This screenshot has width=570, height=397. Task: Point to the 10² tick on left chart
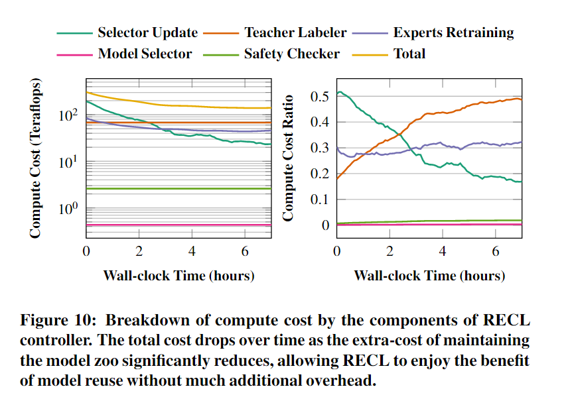tap(68, 116)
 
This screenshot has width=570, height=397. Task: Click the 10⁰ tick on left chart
tap(68, 209)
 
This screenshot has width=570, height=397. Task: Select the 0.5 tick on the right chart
tap(320, 97)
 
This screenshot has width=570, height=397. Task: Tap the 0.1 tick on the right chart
tap(320, 199)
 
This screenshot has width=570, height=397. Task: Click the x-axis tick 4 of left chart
tap(192, 252)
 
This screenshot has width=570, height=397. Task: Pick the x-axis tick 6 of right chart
tap(496, 252)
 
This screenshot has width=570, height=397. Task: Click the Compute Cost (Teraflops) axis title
tap(36, 159)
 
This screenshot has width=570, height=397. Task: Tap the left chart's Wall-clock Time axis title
tap(178, 275)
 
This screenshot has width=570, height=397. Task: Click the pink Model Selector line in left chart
tap(166, 225)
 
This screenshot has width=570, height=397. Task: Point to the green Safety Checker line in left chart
tap(166, 189)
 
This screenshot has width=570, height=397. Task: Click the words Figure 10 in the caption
tap(57, 320)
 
